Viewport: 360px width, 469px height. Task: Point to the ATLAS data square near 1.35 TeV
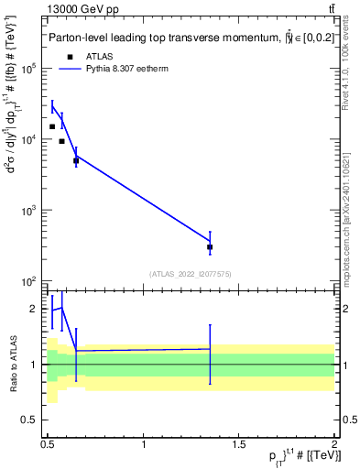[x=210, y=247]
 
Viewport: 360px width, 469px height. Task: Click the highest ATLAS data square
[x=52, y=126]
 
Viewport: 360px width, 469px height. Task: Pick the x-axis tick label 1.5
[x=240, y=444]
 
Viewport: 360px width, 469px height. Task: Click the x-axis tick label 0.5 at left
[x=49, y=444]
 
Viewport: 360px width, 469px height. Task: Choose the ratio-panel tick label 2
[x=36, y=310]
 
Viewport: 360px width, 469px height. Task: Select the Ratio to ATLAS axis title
[x=13, y=365]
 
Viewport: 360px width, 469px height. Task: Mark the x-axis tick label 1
[x=145, y=444]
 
